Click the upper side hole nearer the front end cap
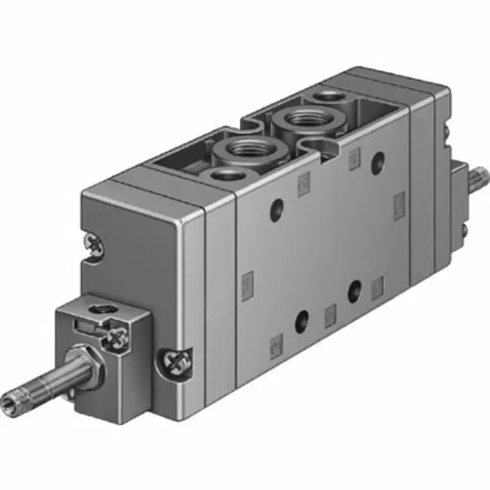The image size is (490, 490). pos(277,207)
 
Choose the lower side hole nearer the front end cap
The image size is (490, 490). pos(302,321)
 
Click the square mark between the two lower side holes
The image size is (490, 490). pos(330,313)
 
